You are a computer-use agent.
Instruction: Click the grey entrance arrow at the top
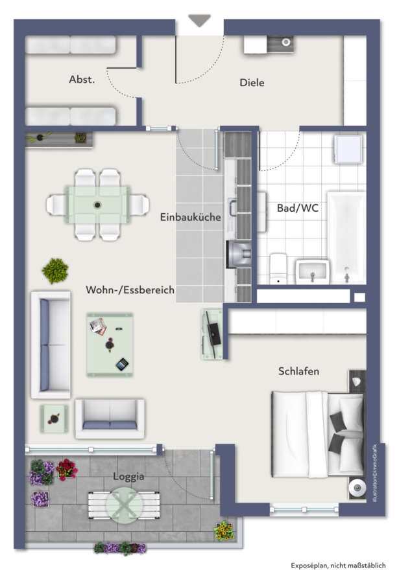[199, 20]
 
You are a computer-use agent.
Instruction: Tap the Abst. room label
[82, 79]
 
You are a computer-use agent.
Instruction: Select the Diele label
[252, 82]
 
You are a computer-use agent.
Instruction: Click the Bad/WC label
[298, 208]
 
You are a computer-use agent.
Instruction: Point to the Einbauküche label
[190, 217]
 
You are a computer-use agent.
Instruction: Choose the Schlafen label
[299, 371]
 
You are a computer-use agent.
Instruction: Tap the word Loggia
[128, 477]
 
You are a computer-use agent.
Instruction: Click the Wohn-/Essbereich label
[130, 290]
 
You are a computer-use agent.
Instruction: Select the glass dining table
[98, 205]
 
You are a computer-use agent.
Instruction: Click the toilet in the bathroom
[278, 268]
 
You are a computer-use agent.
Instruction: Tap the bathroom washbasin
[313, 272]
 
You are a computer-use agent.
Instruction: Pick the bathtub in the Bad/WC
[346, 238]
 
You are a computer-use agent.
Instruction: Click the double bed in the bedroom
[318, 433]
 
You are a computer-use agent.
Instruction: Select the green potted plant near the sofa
[55, 271]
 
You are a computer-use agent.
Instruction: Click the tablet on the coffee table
[122, 364]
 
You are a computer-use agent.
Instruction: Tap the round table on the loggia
[125, 505]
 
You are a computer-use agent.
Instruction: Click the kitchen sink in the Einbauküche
[232, 208]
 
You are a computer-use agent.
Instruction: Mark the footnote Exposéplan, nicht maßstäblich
[338, 566]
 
